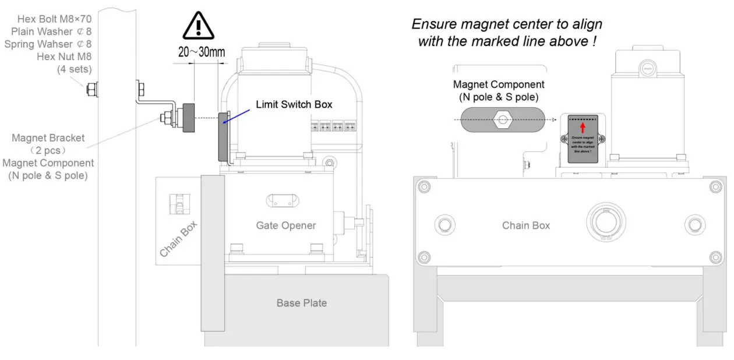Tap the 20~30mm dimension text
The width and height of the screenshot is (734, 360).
pos(202,52)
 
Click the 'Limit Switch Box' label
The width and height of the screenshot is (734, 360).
pos(294,105)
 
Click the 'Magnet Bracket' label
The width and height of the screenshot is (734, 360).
pos(48,138)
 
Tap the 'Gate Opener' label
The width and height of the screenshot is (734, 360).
pos(285,225)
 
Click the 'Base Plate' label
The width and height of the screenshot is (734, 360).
pos(301,303)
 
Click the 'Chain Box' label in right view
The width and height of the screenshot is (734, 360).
pos(525,225)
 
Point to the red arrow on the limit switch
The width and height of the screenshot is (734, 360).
pos(583,128)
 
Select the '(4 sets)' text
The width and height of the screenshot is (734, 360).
pos(74,69)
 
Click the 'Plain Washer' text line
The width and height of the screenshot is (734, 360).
pos(51,31)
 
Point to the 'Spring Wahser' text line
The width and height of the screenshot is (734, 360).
pos(48,44)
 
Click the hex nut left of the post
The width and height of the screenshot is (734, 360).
pos(91,90)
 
